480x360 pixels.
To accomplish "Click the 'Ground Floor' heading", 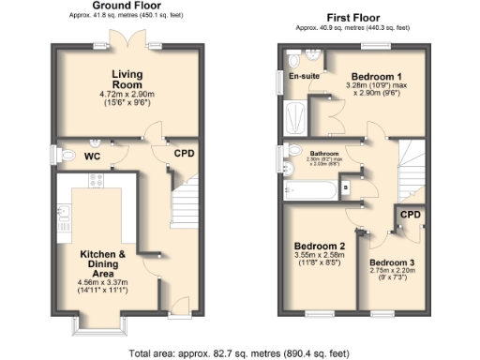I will click(123, 7).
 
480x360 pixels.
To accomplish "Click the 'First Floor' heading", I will click(352, 18).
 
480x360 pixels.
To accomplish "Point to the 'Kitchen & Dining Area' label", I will click(103, 261).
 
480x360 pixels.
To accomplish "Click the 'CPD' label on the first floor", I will click(411, 216).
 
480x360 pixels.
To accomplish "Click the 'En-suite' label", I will click(303, 76).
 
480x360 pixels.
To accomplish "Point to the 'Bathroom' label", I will click(324, 153).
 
